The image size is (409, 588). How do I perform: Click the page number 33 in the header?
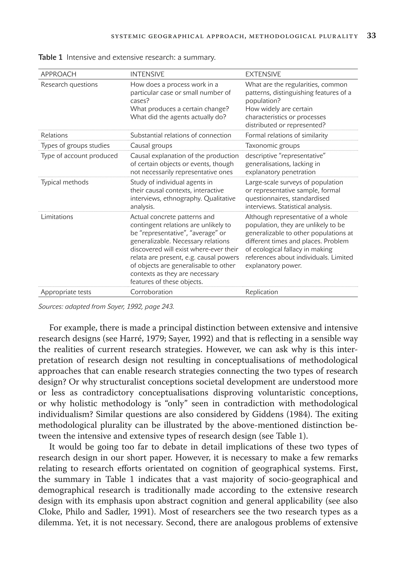371,36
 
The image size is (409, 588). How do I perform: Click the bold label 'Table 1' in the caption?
50,57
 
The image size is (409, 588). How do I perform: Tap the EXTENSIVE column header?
263,74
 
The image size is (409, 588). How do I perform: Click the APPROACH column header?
59,74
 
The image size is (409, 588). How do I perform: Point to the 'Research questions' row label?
69,84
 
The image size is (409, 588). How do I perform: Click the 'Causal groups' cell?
151,145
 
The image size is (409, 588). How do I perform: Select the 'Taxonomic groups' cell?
272,145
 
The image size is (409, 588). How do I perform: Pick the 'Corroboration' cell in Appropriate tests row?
151,292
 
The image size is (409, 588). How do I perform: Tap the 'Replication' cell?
261,292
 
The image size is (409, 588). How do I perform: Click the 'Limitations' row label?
57,217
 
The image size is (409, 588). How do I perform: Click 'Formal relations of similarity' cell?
286,135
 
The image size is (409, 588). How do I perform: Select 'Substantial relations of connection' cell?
181,135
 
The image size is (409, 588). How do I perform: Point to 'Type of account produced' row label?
79,156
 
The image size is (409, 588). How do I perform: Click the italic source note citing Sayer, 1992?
106,307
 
